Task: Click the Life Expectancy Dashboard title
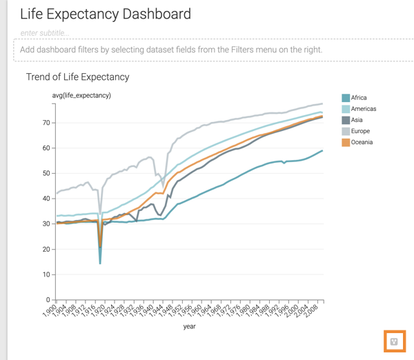coord(106,14)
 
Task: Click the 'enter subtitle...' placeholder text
coord(46,33)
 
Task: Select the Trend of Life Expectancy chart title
coord(77,77)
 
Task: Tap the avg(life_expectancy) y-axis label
coord(82,95)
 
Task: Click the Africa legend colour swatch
coord(346,98)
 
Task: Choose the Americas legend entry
coord(363,109)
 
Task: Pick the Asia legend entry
coord(358,120)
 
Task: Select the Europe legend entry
coord(360,131)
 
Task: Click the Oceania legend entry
coord(362,142)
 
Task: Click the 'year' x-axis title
coord(190,327)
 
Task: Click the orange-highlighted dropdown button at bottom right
coord(394,341)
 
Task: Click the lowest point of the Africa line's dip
coord(101,263)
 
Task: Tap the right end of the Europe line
coord(323,103)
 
